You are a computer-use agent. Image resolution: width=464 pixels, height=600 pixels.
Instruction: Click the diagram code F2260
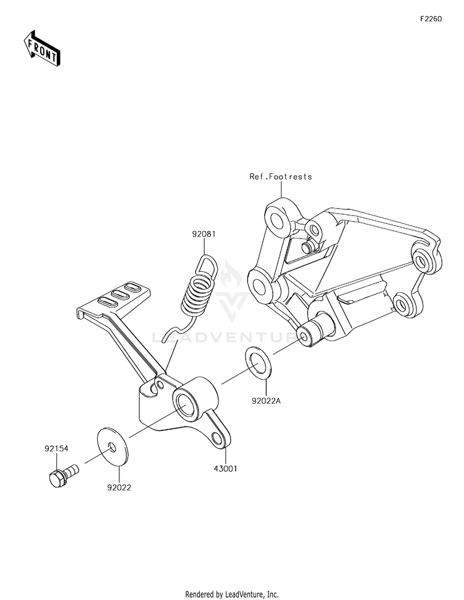(431, 19)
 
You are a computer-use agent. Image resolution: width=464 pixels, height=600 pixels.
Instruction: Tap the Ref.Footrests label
(281, 176)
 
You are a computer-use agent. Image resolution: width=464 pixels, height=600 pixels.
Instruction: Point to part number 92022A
(267, 401)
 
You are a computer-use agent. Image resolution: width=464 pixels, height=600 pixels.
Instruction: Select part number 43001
(225, 469)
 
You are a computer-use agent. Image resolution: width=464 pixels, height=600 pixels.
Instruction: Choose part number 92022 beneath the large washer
(119, 487)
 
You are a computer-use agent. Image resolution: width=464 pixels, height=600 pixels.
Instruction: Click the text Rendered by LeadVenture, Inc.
(232, 594)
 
